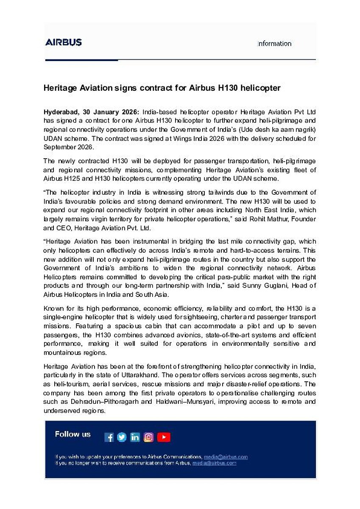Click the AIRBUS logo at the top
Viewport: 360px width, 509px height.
point(64,42)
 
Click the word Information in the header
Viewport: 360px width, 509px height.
point(274,44)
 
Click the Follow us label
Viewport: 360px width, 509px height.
point(73,434)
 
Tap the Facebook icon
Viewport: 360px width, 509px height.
point(109,437)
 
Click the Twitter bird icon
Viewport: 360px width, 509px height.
point(122,437)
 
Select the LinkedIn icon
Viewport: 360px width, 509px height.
point(135,437)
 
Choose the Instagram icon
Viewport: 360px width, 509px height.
point(148,437)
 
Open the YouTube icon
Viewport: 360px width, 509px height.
point(164,437)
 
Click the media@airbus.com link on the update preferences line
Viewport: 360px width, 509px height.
point(226,457)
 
